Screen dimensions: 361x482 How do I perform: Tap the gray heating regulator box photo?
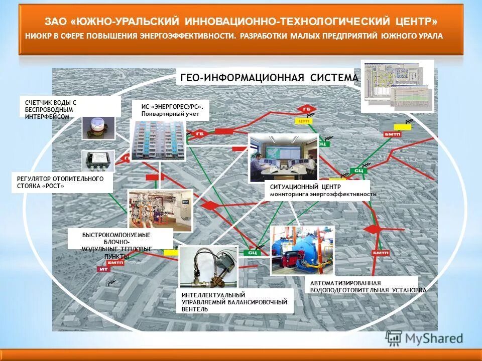pyautogui.click(x=98, y=160)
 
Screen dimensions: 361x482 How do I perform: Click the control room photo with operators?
pyautogui.click(x=283, y=157)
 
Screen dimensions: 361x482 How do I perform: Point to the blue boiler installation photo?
pyautogui.click(x=301, y=250)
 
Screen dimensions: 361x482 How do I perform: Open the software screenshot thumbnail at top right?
pyautogui.click(x=397, y=86)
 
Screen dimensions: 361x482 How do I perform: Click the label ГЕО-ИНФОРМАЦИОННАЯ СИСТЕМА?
pyautogui.click(x=269, y=78)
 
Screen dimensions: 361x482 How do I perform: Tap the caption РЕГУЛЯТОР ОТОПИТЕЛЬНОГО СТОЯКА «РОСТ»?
pyautogui.click(x=60, y=182)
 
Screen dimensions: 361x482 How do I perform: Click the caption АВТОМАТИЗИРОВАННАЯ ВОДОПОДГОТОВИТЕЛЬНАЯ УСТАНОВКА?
pyautogui.click(x=368, y=286)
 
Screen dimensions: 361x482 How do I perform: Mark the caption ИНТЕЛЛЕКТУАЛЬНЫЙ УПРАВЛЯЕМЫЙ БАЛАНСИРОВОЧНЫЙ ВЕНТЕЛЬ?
pyautogui.click(x=234, y=302)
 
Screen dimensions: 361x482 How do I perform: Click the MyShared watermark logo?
pyautogui.click(x=424, y=338)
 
